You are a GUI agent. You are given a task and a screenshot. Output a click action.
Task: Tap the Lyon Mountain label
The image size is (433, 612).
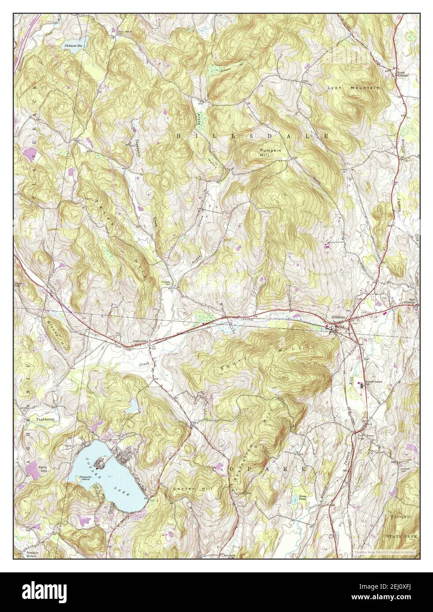click(x=353, y=88)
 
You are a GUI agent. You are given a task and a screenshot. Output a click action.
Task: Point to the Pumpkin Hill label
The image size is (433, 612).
click(x=270, y=152)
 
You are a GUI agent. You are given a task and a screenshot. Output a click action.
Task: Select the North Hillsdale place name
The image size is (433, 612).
click(x=403, y=74)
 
